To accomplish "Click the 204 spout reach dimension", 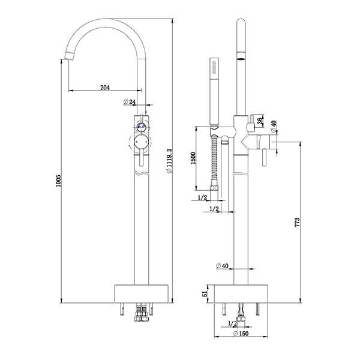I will [104, 88].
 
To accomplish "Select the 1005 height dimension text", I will [58, 182].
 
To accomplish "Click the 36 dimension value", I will [260, 121].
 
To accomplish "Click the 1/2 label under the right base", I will [231, 323].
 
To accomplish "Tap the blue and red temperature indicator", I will [142, 127].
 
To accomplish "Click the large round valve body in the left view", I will [142, 143].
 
